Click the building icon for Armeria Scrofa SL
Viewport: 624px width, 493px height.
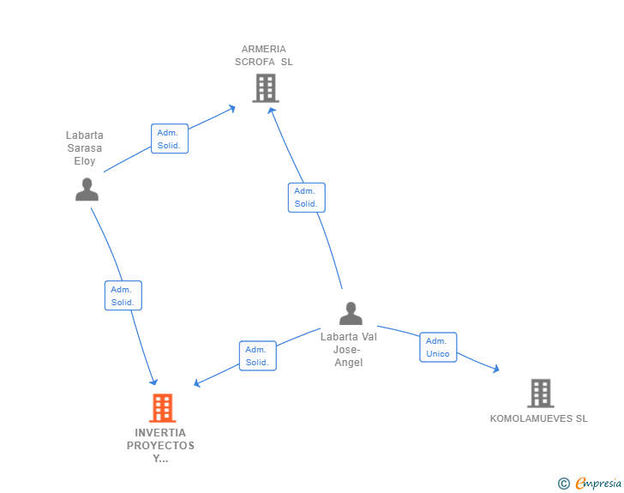coord(266,87)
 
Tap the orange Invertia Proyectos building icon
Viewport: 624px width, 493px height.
coord(162,408)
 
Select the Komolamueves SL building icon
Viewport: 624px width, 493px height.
coord(540,394)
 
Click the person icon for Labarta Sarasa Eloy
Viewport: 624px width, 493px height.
coord(87,189)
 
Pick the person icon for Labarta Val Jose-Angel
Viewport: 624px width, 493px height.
coord(351,314)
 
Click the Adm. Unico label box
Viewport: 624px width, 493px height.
coord(438,347)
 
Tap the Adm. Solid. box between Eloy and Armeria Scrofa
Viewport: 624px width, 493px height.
coord(169,139)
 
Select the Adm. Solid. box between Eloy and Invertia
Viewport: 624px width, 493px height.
coord(123,296)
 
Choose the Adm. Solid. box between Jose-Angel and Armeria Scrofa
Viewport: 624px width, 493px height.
coord(306,197)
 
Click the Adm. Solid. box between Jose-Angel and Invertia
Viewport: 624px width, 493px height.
coord(256,356)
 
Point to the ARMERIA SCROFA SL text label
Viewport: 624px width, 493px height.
coord(264,56)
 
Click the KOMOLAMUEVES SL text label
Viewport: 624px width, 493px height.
coord(538,419)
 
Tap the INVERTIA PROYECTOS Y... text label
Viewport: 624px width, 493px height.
coord(160,445)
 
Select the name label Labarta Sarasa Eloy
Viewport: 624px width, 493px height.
coord(85,148)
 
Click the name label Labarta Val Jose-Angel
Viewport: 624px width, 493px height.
coord(349,349)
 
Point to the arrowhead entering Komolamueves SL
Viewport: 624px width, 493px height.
coord(495,370)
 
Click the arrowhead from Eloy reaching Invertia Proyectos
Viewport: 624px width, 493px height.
coord(154,382)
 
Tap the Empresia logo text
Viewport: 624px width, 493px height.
coord(598,484)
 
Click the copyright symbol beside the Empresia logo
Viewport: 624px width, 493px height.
coord(563,484)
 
